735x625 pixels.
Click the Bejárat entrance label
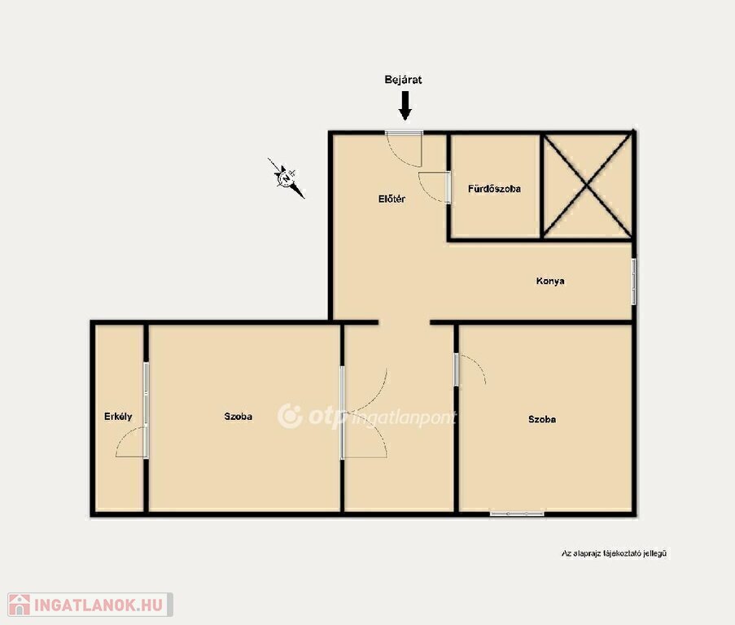[x=403, y=80]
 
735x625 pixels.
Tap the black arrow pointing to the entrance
[x=405, y=106]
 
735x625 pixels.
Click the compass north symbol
[x=286, y=178]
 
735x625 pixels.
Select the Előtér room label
[x=392, y=199]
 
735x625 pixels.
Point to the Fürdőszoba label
[x=495, y=189]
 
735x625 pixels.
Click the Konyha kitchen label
[x=550, y=281]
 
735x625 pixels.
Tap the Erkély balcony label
[x=118, y=416]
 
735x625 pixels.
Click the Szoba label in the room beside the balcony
[x=238, y=416]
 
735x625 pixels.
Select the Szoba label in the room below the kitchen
[x=542, y=419]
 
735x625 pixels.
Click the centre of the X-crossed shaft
[x=587, y=186]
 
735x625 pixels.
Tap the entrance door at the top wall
[x=404, y=133]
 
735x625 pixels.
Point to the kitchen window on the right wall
[x=634, y=282]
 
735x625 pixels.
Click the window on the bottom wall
[x=517, y=514]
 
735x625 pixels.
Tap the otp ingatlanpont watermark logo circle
[x=290, y=416]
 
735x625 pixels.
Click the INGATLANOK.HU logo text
[x=98, y=605]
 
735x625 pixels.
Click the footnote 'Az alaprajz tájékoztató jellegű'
[x=615, y=553]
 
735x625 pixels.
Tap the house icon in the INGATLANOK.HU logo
[x=20, y=605]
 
